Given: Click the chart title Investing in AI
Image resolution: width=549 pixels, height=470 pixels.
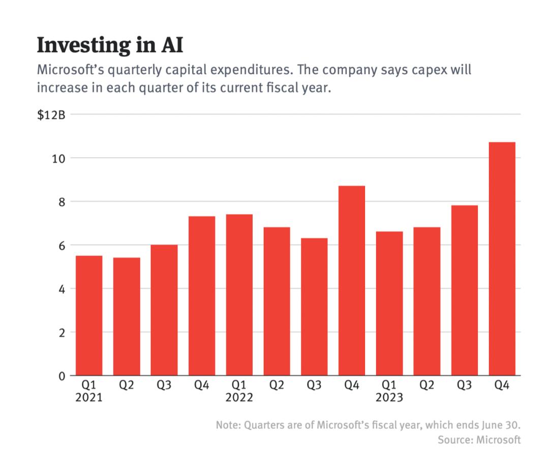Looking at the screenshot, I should tap(110, 45).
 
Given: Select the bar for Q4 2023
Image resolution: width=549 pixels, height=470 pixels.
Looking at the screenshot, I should tap(502, 259).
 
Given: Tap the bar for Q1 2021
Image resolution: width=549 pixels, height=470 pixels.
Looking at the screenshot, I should tap(89, 316).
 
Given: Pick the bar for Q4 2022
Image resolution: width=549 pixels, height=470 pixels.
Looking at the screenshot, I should tap(352, 281).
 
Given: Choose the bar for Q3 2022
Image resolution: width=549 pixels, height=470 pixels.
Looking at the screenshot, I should tap(314, 307).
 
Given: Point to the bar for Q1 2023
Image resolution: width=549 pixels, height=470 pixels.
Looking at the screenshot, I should tap(389, 304).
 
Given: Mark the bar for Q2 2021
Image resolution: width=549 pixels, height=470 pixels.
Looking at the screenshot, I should tap(127, 317).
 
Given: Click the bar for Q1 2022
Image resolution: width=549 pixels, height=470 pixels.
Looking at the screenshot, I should tap(239, 295).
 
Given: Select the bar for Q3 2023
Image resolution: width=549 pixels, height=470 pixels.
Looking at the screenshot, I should tap(464, 291).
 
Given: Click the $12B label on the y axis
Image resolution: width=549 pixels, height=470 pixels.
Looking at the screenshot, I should tap(51, 115).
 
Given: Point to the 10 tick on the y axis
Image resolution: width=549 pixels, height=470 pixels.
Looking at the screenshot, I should tap(59, 159).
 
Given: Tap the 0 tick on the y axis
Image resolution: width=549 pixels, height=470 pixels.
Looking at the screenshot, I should tap(62, 376).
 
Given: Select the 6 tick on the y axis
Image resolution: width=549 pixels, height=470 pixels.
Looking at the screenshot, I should tap(62, 245).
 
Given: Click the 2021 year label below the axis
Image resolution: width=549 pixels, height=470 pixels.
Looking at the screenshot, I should tap(89, 398).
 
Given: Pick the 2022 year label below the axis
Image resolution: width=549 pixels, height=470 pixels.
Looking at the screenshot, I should tap(239, 398).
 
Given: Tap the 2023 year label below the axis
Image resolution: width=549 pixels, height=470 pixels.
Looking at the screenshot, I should tap(389, 398).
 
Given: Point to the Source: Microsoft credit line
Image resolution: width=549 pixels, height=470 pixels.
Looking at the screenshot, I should tap(479, 440).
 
